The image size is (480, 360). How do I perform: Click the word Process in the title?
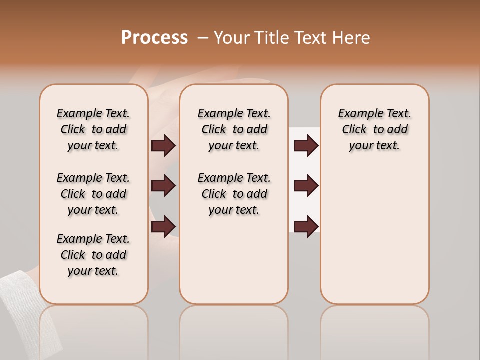154,38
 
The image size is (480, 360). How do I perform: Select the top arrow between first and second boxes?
163,145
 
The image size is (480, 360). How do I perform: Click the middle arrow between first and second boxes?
163,186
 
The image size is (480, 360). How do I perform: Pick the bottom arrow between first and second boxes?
163,226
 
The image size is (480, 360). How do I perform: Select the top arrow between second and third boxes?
306,145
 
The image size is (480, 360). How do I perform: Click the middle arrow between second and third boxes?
306,186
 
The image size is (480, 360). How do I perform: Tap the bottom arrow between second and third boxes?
306,226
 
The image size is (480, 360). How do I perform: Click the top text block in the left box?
93,129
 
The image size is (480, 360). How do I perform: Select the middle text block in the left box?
93,194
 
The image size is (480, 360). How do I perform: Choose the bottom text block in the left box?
93,255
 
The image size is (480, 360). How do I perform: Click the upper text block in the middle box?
234,129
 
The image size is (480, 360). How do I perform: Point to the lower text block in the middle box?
234,194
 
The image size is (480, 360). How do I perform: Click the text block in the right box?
374,129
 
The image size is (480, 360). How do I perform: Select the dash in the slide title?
202,38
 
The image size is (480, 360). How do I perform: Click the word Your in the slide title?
231,38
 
